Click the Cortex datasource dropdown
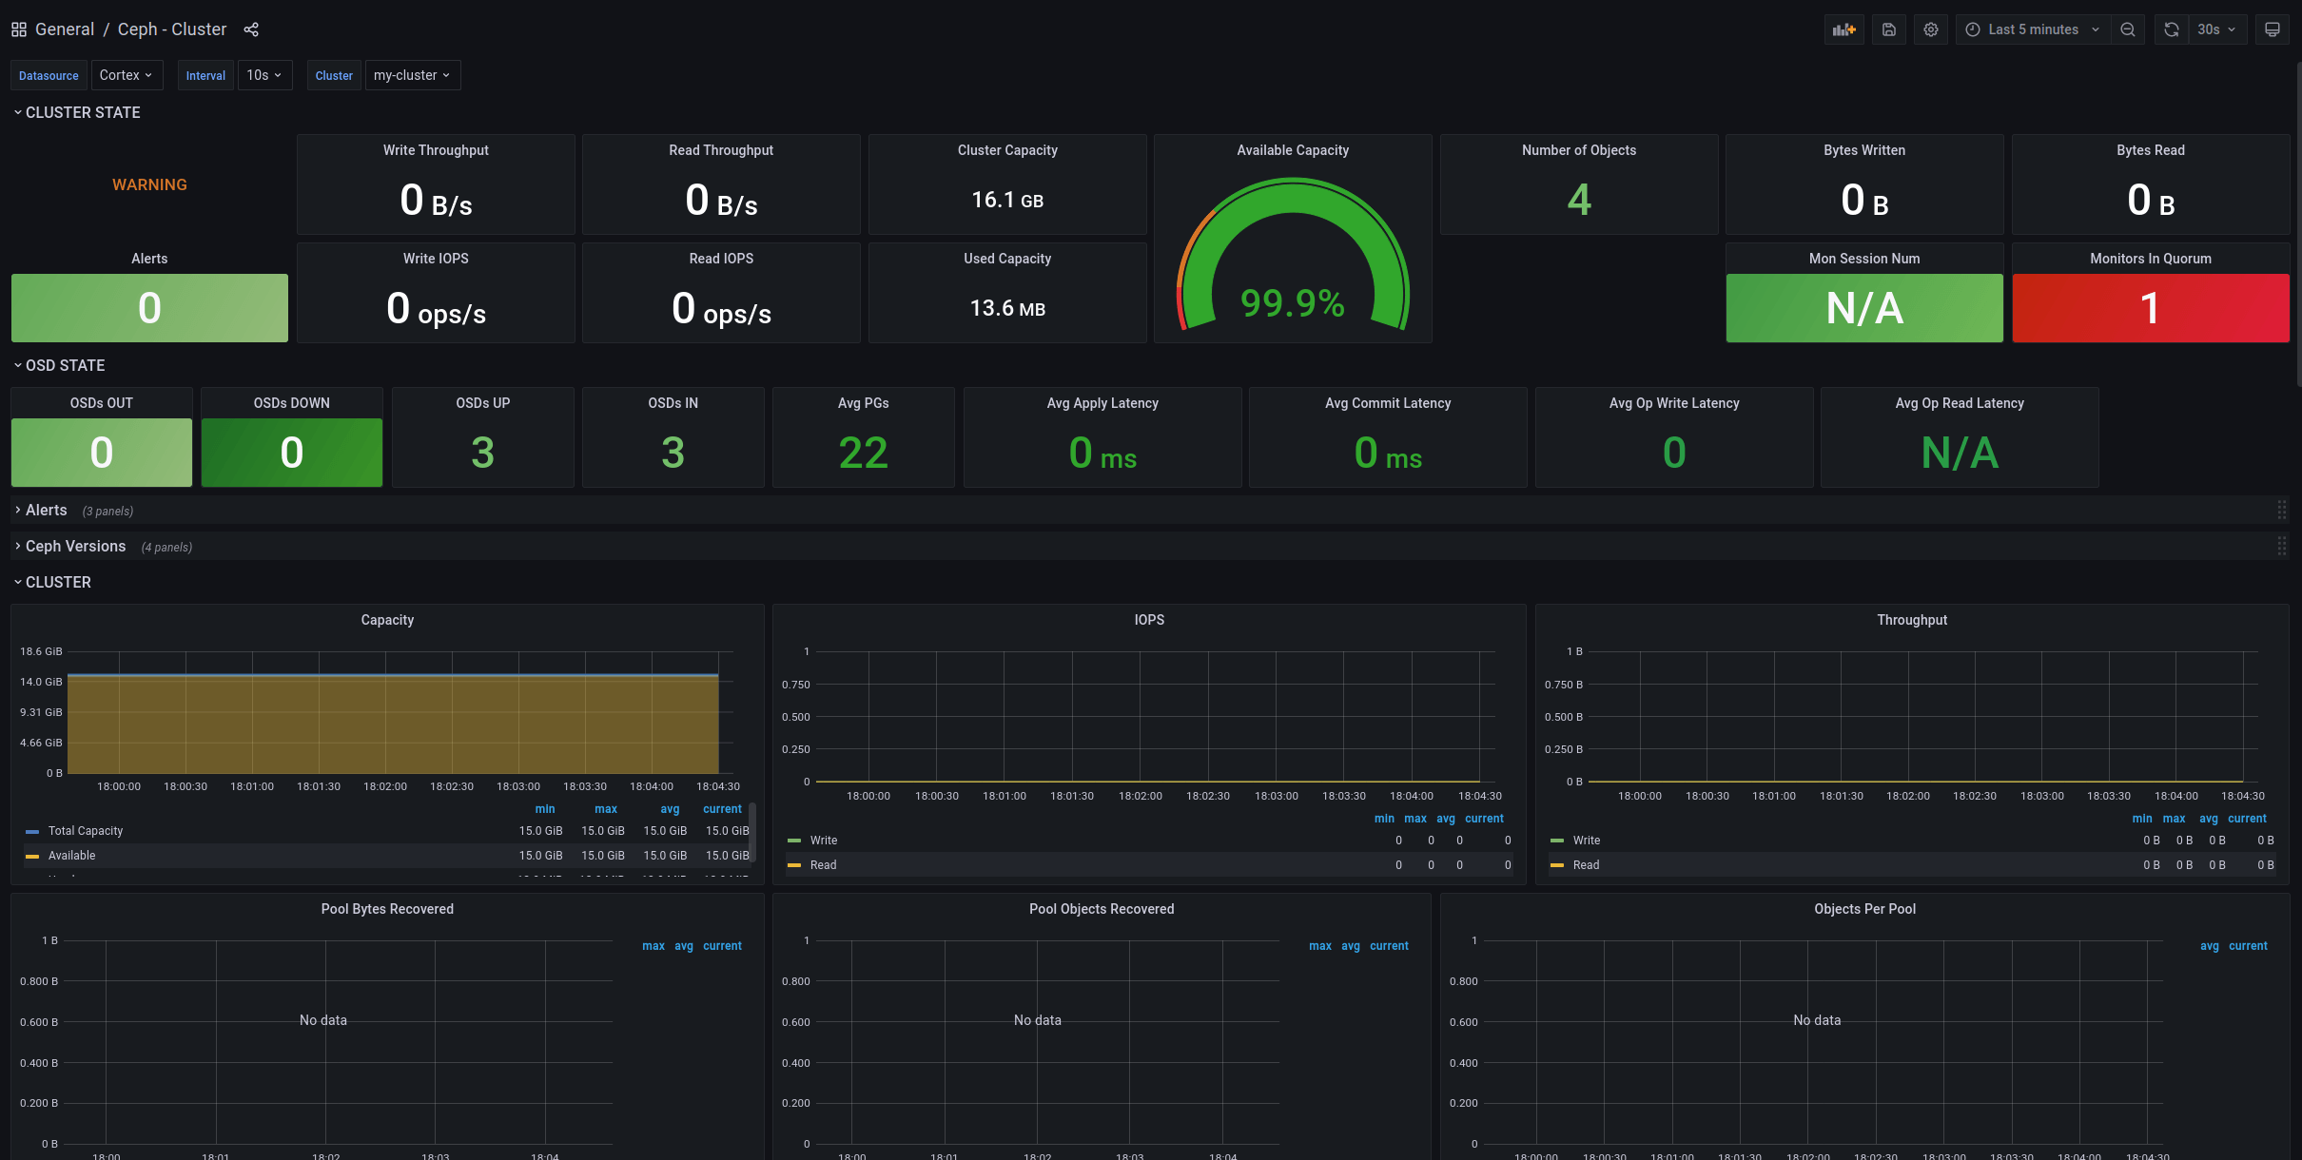(126, 75)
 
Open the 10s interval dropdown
(263, 75)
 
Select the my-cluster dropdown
(412, 75)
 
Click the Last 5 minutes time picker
(2033, 29)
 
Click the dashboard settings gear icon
(1930, 29)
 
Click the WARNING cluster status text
(149, 184)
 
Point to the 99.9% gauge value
(1292, 303)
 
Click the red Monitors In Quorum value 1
(2150, 308)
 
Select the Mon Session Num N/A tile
(1863, 308)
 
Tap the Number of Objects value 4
(1578, 200)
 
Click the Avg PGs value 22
(863, 453)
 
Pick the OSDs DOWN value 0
(291, 453)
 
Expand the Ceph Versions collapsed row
(76, 546)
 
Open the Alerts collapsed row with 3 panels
(47, 511)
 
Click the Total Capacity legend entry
(86, 831)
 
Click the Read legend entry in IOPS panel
(823, 865)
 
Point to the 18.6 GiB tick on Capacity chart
(41, 651)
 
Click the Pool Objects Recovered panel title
(1101, 909)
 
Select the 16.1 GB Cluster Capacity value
(1006, 200)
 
